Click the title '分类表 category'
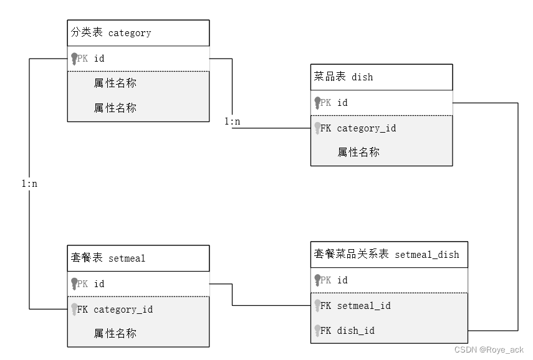(x=111, y=33)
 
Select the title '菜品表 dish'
(x=343, y=77)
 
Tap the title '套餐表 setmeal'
(x=108, y=258)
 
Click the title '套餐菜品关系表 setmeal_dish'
(x=387, y=254)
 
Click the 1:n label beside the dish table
(x=233, y=121)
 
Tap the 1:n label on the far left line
(x=29, y=184)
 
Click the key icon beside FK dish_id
(x=318, y=331)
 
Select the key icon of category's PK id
(x=74, y=59)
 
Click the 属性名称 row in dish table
(x=358, y=152)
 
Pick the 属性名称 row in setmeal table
(x=115, y=333)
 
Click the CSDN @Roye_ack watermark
(x=489, y=351)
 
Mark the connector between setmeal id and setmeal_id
(x=233, y=295)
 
